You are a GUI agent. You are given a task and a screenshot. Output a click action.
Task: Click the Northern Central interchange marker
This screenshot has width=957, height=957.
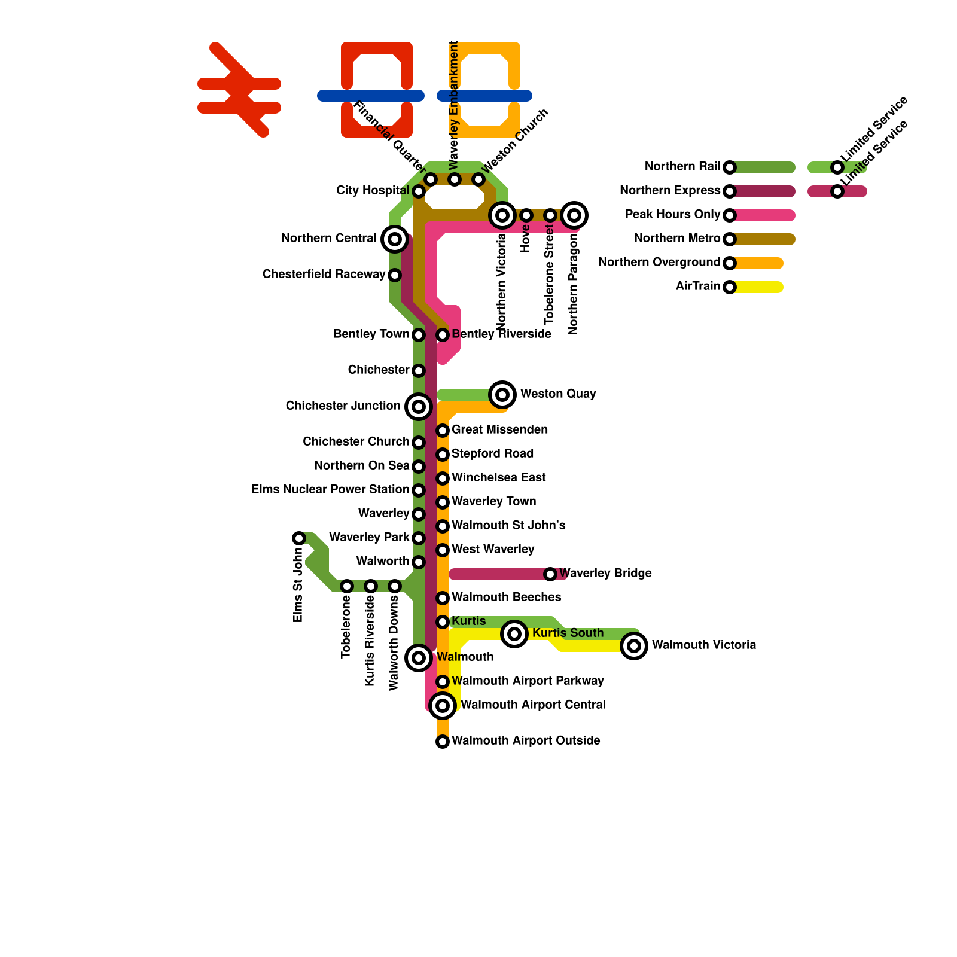click(395, 239)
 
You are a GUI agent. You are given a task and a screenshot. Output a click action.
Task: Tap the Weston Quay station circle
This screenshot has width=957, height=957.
click(502, 394)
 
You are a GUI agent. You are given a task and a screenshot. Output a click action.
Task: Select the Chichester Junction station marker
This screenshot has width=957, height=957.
click(419, 407)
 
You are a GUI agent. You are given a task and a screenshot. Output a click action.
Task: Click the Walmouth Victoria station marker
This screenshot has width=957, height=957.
click(634, 646)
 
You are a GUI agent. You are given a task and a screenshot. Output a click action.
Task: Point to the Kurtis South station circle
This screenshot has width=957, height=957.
click(514, 633)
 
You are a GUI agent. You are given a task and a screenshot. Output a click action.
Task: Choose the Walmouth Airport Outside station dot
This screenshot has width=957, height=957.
click(443, 742)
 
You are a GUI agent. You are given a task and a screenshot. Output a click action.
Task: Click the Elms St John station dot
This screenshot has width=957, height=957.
click(299, 538)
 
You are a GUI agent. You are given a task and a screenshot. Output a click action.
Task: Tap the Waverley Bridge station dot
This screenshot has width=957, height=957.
click(550, 574)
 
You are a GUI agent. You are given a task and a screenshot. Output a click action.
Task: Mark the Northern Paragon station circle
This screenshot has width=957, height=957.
click(574, 215)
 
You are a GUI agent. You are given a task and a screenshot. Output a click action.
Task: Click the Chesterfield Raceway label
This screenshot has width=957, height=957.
click(324, 275)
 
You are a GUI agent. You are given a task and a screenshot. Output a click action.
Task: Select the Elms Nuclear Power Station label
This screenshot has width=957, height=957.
click(330, 490)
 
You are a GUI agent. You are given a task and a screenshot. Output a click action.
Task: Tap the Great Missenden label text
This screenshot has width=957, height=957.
click(499, 430)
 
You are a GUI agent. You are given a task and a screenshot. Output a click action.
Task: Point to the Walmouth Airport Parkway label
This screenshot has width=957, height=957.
click(528, 681)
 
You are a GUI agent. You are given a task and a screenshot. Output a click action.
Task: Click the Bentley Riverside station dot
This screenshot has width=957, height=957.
click(443, 335)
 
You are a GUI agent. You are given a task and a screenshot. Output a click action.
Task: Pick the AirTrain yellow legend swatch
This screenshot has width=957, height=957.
click(760, 287)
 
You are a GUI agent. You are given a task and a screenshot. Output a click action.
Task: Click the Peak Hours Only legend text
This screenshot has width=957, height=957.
click(672, 215)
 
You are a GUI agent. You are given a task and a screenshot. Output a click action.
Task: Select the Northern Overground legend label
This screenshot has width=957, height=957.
click(659, 263)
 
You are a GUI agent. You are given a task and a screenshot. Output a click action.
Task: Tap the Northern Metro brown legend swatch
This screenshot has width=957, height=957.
click(766, 239)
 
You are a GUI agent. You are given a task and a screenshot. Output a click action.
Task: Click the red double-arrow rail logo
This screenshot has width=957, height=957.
click(239, 90)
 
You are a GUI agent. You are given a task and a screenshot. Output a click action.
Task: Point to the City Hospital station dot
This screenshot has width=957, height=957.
click(419, 191)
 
